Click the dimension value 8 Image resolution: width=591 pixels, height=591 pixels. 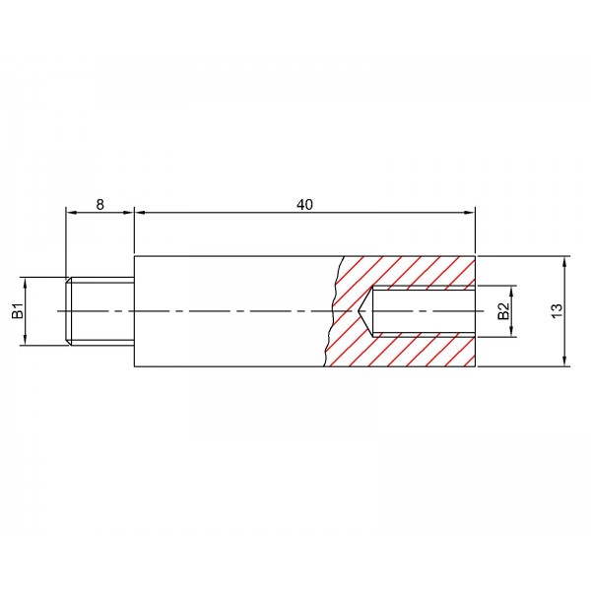point(99,205)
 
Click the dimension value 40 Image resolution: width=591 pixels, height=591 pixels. point(304,205)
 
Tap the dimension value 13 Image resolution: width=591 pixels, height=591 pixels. point(557,310)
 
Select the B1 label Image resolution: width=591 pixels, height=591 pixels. point(18,311)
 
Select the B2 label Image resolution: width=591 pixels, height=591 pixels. point(503,311)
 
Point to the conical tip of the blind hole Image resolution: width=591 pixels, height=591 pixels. point(359,311)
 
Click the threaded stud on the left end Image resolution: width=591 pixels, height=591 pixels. point(99,311)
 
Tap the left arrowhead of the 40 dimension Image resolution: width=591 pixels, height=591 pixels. point(140,213)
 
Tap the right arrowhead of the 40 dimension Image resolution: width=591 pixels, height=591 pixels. point(470,213)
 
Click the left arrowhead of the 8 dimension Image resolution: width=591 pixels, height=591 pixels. point(71,213)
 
